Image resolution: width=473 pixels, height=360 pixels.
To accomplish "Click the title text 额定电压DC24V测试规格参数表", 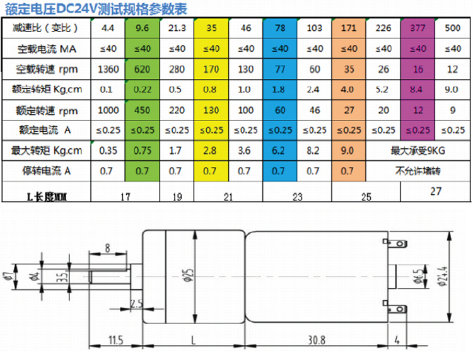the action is [x=96, y=9].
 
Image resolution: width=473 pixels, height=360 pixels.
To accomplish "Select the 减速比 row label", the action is [x=45, y=28].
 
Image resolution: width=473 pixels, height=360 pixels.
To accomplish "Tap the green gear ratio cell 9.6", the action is [x=142, y=28].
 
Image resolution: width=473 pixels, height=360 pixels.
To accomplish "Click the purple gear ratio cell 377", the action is [x=418, y=28].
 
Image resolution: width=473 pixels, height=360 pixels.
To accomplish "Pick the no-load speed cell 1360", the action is [x=108, y=69].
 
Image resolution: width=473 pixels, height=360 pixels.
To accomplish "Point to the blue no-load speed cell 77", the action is [x=280, y=69].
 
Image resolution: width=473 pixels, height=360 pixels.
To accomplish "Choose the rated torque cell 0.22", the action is [x=142, y=90].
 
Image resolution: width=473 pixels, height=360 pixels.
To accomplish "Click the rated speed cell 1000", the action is [x=108, y=110].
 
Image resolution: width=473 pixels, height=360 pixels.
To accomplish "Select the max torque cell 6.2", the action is [x=278, y=150].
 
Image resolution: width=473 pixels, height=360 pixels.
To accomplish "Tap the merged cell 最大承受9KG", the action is [x=418, y=151].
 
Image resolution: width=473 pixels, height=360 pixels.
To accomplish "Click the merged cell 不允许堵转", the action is [x=418, y=171].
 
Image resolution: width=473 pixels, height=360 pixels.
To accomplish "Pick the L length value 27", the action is [x=436, y=191].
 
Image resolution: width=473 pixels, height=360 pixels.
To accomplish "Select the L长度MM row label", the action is [x=47, y=197].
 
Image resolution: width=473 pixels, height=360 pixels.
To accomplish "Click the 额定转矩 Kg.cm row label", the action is [x=47, y=90].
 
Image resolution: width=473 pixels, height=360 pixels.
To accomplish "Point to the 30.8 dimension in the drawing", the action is [x=317, y=340].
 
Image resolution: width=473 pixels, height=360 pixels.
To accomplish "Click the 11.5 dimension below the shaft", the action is [x=116, y=340].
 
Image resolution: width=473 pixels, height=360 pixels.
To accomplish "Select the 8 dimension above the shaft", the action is [x=107, y=248].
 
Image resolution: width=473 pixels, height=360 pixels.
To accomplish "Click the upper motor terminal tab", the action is [x=395, y=243].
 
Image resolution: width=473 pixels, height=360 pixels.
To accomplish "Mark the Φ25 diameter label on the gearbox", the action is [x=189, y=276].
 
